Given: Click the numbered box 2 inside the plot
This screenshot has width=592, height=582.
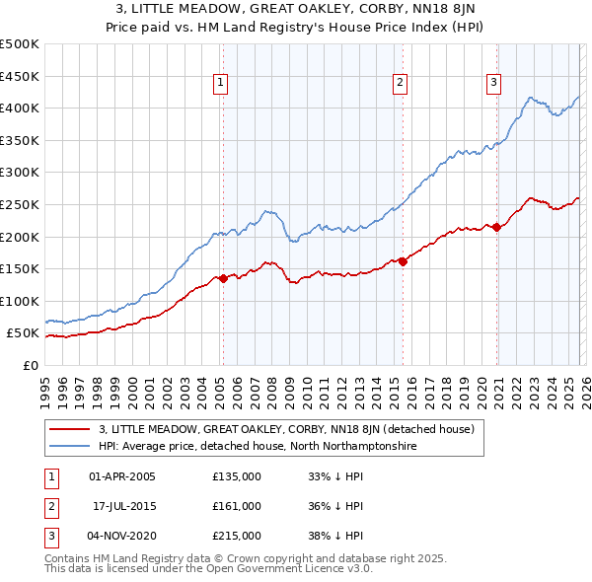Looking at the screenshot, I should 401,84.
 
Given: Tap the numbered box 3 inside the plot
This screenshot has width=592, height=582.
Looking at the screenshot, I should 492,84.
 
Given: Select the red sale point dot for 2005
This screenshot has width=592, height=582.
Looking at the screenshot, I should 223,278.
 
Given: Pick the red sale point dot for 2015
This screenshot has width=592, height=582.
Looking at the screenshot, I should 404,261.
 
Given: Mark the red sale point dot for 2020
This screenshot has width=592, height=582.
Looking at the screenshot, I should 496,227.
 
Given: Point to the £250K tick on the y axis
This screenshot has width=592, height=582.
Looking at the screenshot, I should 20,204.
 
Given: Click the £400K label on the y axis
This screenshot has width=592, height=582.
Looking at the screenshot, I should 20,108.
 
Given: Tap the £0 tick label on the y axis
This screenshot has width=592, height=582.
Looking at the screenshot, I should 29,365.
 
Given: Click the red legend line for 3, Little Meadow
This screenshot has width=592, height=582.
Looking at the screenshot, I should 70,429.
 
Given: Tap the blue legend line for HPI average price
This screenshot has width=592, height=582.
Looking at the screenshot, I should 70,447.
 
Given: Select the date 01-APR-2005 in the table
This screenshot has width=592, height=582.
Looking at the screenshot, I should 122,476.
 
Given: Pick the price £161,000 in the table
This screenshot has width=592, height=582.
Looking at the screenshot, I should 237,506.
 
